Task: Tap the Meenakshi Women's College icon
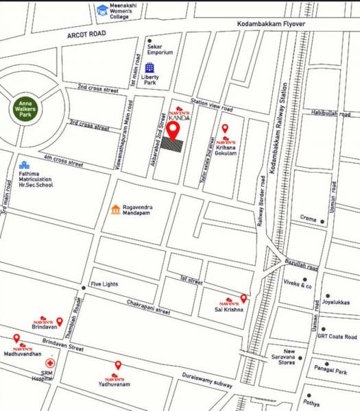102,10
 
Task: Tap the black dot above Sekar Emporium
149,41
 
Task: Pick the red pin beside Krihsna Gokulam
225,128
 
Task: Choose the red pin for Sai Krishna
243,298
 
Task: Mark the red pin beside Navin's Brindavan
60,321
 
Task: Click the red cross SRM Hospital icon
49,364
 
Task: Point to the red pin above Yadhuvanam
118,365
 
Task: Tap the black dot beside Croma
322,221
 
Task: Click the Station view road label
212,105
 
